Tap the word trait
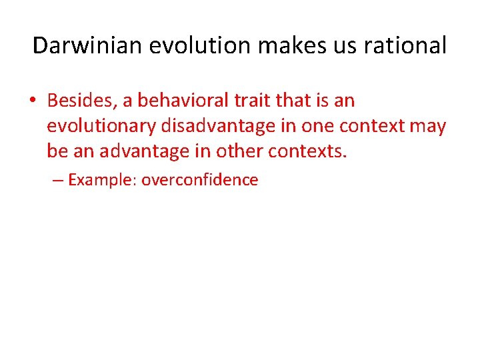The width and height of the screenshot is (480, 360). point(251,101)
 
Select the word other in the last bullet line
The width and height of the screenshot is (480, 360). point(239,151)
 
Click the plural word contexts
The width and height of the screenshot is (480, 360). point(307,151)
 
